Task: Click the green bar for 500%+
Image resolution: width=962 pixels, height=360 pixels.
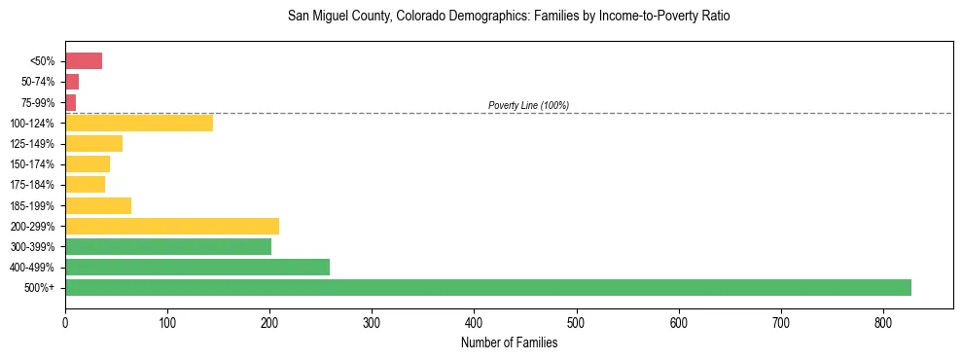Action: pos(487,288)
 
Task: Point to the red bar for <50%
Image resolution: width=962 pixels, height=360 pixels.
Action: pos(84,61)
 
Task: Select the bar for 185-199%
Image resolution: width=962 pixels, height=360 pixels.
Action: pos(98,206)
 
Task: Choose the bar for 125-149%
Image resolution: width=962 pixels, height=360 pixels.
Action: pos(93,144)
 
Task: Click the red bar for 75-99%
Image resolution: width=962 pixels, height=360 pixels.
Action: pos(70,103)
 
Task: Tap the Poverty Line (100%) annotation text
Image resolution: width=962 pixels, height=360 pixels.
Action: pos(528,105)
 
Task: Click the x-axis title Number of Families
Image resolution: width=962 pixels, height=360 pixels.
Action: pos(509,342)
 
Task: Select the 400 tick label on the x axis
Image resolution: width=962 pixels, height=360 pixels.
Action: pos(474,322)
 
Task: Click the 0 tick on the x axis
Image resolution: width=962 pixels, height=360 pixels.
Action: pos(65,322)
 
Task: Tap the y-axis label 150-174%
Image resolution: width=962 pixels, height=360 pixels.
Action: pos(32,164)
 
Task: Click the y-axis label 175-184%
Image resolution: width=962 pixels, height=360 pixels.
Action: pos(32,185)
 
